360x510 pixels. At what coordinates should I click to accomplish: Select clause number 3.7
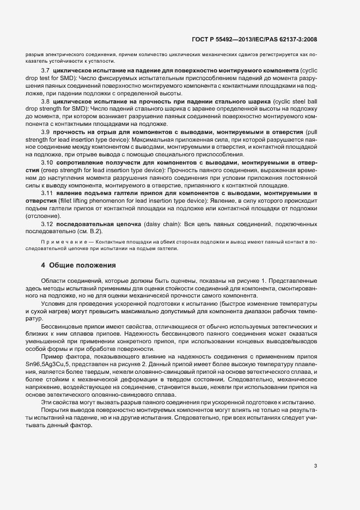point(46,71)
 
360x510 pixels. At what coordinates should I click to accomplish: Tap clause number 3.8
point(46,102)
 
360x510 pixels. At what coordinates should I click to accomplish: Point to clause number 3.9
point(46,132)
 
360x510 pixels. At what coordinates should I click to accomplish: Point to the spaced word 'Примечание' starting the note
point(59,241)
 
